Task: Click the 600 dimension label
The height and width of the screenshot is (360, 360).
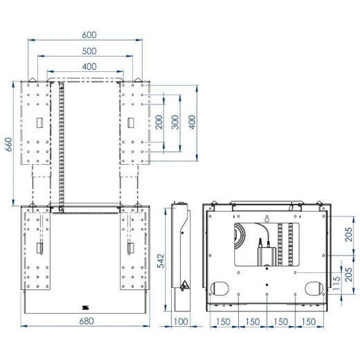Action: [88, 33]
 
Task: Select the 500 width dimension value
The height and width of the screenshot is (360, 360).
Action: [88, 51]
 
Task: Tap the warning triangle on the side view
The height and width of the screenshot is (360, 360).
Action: [184, 285]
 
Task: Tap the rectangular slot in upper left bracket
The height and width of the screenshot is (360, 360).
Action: [39, 123]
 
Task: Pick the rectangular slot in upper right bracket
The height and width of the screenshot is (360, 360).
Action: [131, 123]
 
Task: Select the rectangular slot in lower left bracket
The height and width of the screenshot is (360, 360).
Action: [39, 247]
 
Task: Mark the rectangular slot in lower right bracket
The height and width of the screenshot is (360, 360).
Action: [131, 247]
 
